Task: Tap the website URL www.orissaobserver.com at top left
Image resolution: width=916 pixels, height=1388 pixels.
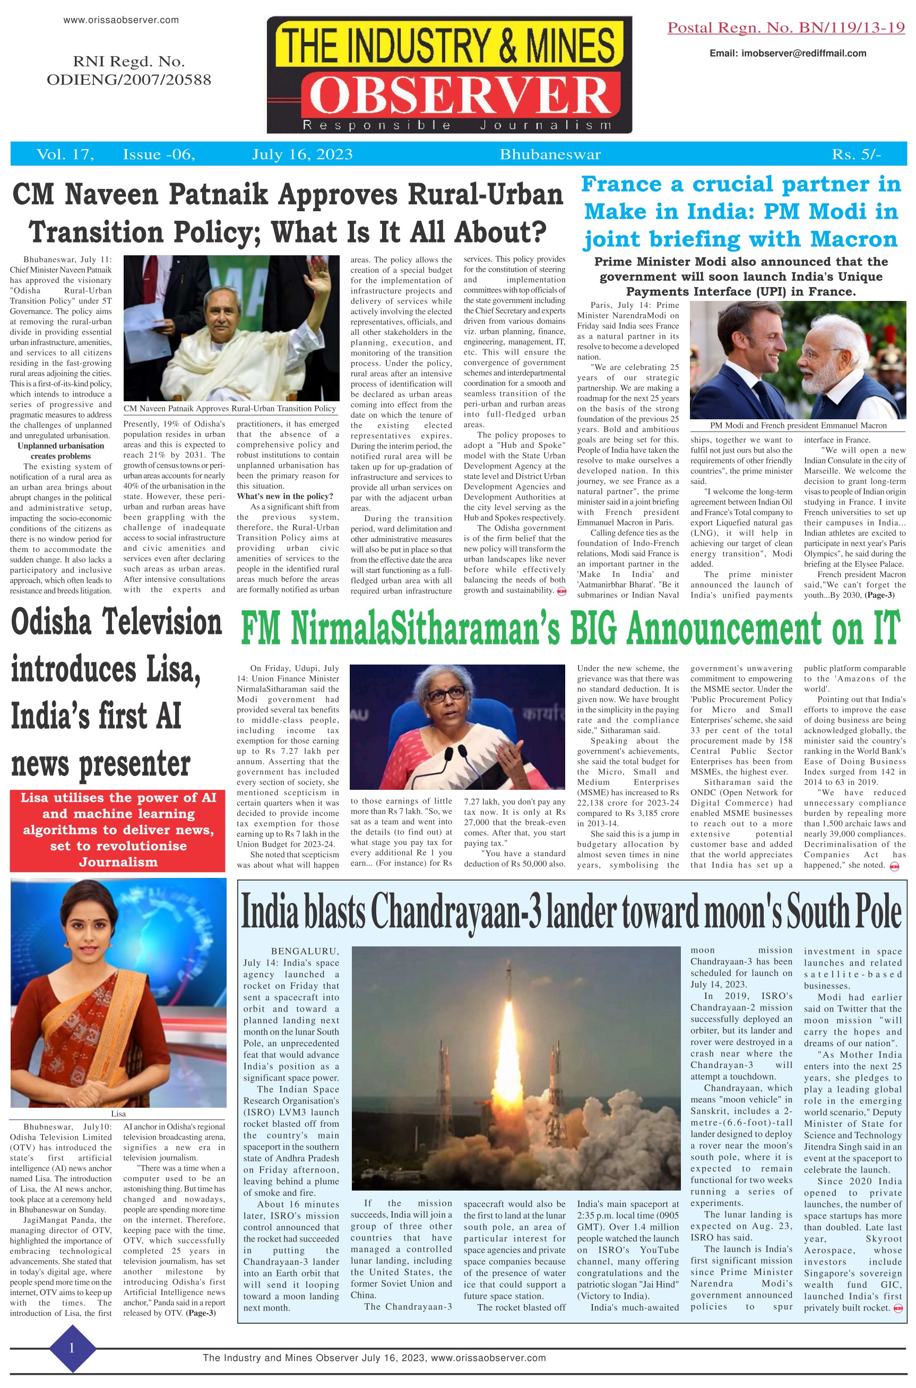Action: [121, 20]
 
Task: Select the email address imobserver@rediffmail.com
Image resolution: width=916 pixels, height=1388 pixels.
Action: [787, 53]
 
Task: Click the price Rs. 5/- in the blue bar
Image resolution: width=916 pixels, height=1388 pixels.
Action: [856, 154]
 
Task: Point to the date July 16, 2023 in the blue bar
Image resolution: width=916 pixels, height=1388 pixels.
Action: [302, 154]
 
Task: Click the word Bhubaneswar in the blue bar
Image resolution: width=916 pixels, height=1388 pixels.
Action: [550, 154]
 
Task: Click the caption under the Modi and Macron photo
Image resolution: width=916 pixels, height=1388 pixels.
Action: [798, 425]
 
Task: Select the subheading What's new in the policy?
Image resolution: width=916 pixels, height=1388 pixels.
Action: [284, 496]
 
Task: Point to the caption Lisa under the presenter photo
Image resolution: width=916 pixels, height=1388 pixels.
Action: [118, 1114]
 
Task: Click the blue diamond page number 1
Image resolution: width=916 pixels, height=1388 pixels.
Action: [72, 1348]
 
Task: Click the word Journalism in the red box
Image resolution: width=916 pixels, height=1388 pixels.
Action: [118, 861]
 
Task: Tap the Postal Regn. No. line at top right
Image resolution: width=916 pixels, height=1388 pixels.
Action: [786, 28]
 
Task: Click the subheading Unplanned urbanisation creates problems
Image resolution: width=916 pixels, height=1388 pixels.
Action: [61, 451]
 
